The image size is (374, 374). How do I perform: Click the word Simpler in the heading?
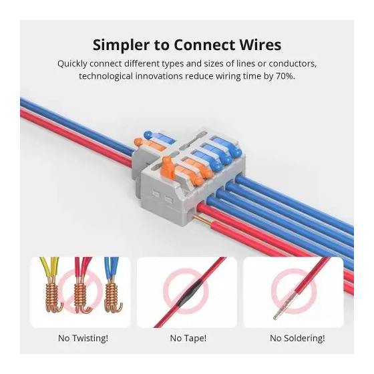coord(122,45)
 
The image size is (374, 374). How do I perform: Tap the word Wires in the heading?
coord(260,45)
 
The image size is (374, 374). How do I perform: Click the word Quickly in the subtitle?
coord(72,64)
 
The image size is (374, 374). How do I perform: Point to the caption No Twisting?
coord(83,338)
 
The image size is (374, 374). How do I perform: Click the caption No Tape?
coord(188,338)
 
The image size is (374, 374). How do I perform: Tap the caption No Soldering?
coord(297,338)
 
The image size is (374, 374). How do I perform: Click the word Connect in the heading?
coord(204,45)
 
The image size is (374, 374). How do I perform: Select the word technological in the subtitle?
coord(106,77)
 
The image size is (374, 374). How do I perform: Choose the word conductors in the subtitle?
coord(293,64)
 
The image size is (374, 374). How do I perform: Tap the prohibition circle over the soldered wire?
coord(294,291)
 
